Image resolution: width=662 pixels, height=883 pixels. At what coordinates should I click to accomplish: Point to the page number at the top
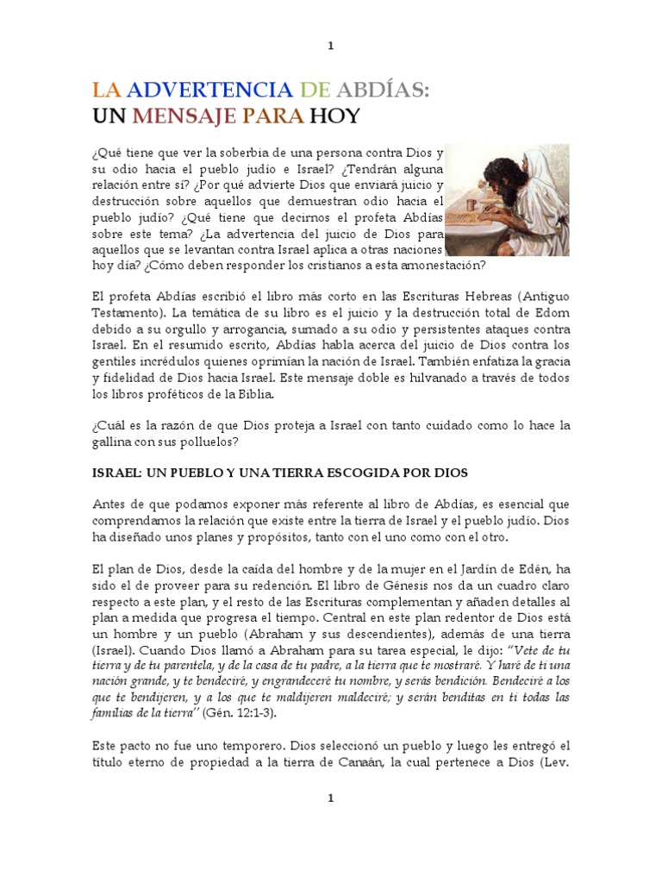pos(330,45)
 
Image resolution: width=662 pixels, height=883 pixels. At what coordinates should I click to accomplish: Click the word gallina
pos(116,442)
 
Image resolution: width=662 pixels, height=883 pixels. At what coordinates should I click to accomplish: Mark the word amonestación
pos(431,266)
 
